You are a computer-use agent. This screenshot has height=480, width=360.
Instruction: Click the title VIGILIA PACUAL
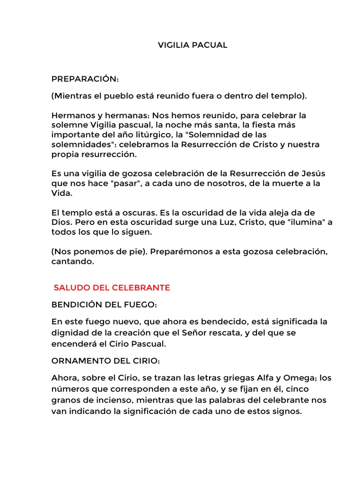(192, 45)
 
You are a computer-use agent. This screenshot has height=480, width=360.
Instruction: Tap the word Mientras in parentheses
(72, 96)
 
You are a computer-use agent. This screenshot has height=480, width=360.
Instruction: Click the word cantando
(73, 262)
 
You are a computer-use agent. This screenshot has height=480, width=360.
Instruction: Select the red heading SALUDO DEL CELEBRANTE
(112, 287)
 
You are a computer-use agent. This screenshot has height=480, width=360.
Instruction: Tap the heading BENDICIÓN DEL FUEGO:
(104, 305)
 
